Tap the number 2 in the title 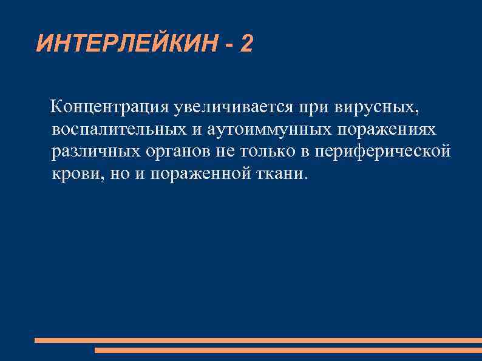[246, 43]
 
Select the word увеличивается [233, 107]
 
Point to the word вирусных [368, 107]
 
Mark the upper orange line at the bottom [258, 340]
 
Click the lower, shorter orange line [288, 350]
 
